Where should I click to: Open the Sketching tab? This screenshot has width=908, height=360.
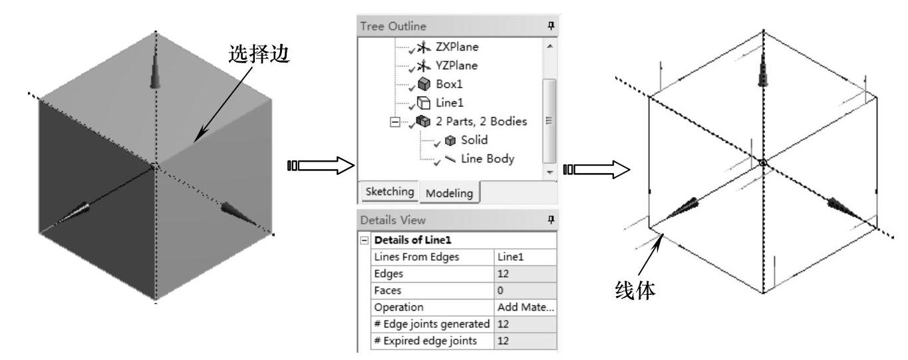(x=389, y=192)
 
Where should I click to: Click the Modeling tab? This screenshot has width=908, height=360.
(x=449, y=193)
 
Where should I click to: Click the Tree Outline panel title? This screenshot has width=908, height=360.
(x=386, y=25)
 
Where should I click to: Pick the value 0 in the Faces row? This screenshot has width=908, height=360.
(x=501, y=289)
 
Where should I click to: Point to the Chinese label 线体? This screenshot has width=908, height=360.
(x=636, y=291)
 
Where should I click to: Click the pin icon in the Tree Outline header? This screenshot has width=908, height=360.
(x=549, y=25)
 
